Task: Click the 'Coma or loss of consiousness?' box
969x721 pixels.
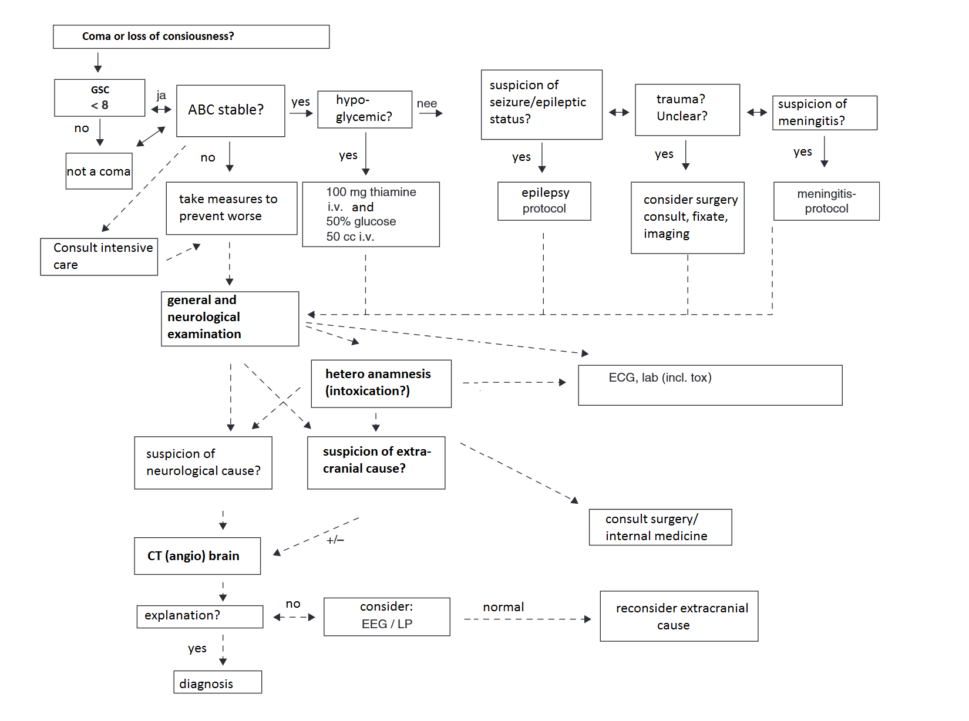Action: click(x=191, y=36)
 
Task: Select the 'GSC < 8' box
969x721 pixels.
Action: click(x=100, y=98)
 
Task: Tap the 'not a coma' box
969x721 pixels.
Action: click(x=99, y=171)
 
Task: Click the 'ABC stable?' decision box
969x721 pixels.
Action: click(x=230, y=110)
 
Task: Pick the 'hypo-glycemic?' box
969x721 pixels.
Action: click(x=364, y=109)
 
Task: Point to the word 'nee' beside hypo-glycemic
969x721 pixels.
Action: click(x=427, y=104)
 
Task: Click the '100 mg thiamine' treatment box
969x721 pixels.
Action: click(x=371, y=214)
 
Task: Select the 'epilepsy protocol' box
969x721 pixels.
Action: click(x=544, y=201)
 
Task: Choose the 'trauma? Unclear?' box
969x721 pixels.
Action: click(x=687, y=109)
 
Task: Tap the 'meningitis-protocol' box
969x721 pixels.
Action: click(x=826, y=201)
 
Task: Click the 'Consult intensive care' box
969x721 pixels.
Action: click(x=99, y=257)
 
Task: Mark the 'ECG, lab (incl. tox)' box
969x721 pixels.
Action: click(x=709, y=385)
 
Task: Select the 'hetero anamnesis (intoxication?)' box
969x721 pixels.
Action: click(x=381, y=383)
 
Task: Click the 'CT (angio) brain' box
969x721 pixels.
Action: click(x=197, y=556)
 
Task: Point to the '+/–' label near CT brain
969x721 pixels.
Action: click(x=335, y=540)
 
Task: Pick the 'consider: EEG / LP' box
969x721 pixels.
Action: click(x=386, y=616)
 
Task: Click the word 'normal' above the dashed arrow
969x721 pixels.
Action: click(x=503, y=607)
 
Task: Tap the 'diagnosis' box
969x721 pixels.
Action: click(x=217, y=682)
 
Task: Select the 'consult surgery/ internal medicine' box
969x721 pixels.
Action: click(x=660, y=527)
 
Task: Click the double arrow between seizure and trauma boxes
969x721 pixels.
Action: click(x=618, y=112)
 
